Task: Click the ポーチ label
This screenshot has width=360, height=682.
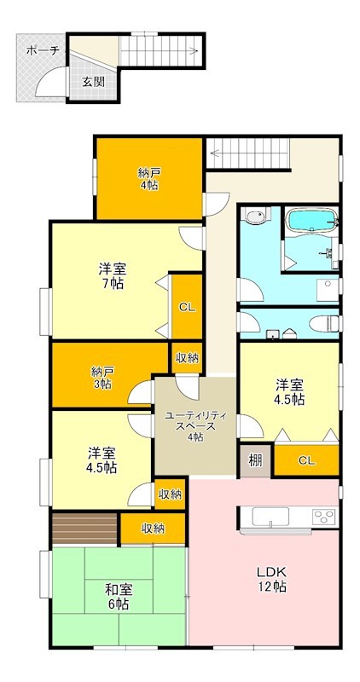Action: click(43, 51)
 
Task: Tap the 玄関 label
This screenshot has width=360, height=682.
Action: click(93, 82)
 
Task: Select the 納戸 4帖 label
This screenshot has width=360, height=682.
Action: click(148, 178)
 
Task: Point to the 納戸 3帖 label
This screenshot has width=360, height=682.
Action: click(102, 377)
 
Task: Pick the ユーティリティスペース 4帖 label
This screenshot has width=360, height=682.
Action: click(195, 425)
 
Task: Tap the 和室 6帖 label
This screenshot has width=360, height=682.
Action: click(118, 596)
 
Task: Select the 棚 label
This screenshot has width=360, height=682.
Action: click(255, 460)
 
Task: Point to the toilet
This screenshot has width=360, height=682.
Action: click(324, 323)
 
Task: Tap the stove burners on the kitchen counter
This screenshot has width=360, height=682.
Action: click(322, 515)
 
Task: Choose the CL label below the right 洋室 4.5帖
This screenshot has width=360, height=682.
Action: click(305, 460)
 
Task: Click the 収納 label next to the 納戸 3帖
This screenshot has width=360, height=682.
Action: click(187, 357)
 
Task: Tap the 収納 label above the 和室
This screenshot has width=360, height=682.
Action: click(153, 529)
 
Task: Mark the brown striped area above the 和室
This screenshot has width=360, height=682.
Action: click(84, 529)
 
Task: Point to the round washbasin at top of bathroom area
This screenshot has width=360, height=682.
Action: click(254, 217)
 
